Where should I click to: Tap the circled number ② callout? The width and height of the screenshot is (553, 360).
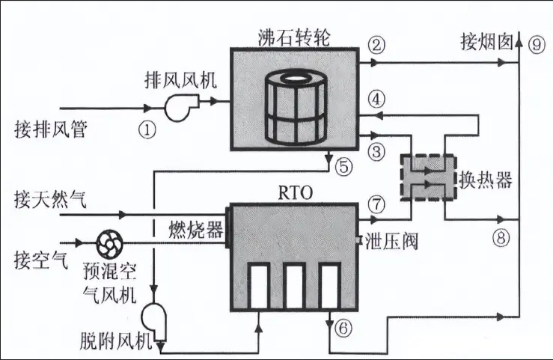[378, 44]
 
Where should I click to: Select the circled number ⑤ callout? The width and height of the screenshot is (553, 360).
[343, 167]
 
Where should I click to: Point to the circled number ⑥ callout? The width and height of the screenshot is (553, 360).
[343, 326]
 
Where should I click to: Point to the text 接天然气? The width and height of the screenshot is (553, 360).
[51, 200]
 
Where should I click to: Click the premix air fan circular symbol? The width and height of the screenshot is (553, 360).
[111, 242]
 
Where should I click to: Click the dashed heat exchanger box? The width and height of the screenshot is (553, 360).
[427, 175]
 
